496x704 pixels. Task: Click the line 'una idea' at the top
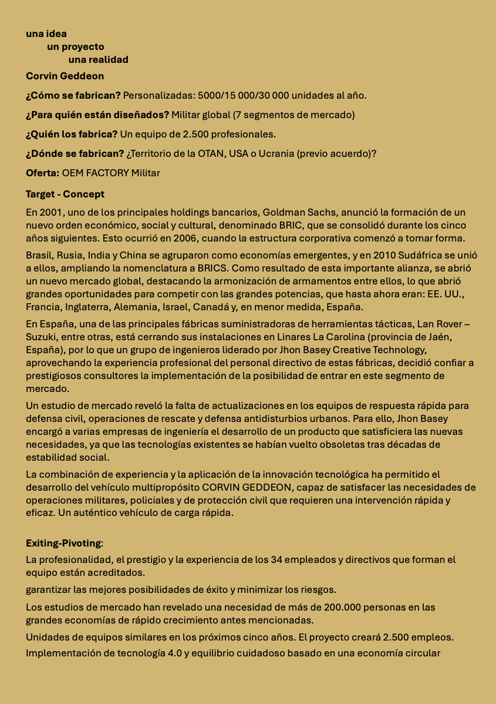coord(46,33)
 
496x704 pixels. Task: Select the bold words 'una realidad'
coord(98,59)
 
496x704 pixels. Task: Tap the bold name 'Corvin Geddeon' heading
coord(65,76)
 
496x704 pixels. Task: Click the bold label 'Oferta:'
coord(43,173)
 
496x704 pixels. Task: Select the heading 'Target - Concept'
coord(65,194)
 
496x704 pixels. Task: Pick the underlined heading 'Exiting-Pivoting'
coord(64,543)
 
